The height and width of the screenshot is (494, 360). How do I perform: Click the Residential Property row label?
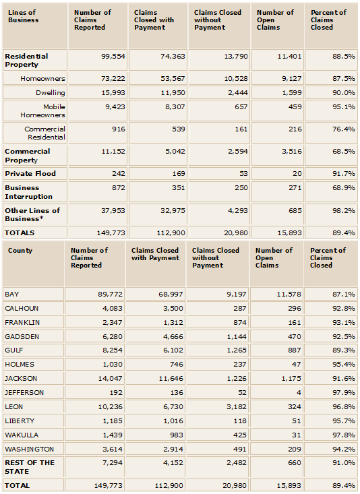point(26,60)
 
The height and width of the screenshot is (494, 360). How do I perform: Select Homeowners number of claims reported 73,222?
point(113,78)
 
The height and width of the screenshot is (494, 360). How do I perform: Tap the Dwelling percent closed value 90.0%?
point(344,92)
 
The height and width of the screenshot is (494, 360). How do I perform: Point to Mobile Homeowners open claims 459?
point(295,106)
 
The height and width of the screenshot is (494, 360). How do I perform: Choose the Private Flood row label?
point(30,174)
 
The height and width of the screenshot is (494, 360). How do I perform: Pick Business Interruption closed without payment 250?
point(241,188)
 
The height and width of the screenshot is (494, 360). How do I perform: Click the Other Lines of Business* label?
point(32,214)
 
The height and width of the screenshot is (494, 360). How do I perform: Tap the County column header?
point(20,251)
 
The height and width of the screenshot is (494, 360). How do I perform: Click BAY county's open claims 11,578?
point(289,295)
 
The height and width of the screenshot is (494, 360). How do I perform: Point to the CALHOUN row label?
point(22,308)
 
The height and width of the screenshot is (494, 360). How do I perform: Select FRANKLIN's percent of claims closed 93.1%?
point(344,322)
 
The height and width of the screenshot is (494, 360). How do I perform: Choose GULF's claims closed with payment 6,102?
point(173,350)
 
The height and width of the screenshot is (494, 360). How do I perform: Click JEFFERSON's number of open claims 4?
point(299,392)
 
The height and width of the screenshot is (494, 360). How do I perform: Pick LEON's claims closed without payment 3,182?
point(237,407)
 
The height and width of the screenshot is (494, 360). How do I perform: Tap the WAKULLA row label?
point(22,435)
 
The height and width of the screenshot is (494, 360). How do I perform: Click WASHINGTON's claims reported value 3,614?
point(112,450)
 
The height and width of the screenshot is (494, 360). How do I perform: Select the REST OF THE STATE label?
point(30,467)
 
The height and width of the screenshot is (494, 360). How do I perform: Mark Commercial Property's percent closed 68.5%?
point(344,151)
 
